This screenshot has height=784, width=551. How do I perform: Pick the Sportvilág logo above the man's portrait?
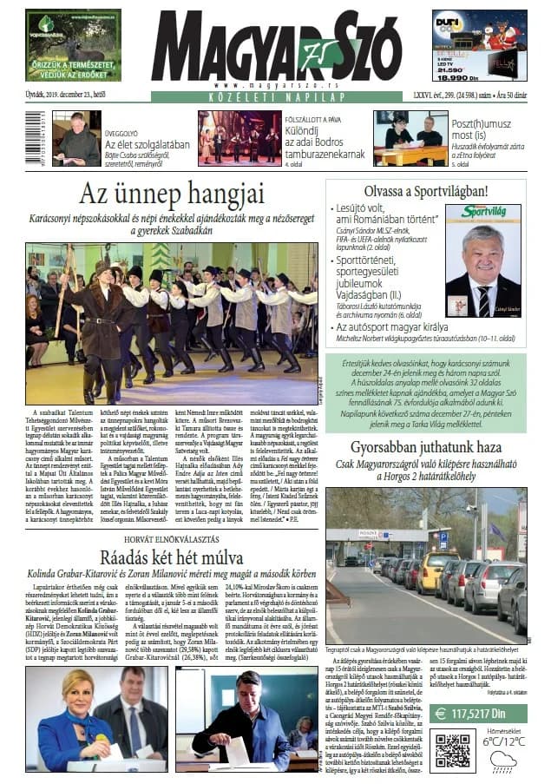coord(482,212)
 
